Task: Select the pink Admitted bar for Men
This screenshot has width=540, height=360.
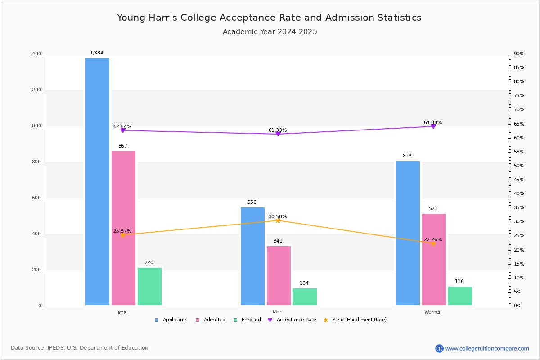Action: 279,275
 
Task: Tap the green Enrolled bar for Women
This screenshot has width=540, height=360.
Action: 460,296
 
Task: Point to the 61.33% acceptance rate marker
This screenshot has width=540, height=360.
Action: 278,134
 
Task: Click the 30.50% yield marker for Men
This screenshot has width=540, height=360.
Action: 278,220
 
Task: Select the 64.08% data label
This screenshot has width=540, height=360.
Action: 432,122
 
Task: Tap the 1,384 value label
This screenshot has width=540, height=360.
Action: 97,53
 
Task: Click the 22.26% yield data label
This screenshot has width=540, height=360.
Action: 432,239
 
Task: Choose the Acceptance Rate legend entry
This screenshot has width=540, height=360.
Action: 292,320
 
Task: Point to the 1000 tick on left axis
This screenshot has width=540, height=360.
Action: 36,126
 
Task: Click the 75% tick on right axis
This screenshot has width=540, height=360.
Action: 519,96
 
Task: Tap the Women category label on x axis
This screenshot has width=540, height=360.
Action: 432,312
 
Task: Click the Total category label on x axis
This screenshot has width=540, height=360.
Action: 122,312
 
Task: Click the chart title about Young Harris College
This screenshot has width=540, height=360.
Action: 269,18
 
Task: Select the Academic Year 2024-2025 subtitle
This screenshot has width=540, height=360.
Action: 270,32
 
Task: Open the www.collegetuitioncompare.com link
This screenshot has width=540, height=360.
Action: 487,348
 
